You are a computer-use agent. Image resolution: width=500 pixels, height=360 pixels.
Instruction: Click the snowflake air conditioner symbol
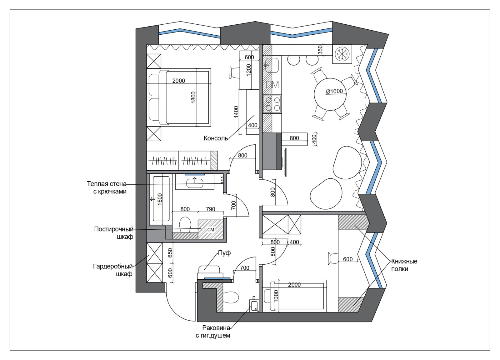[342, 54]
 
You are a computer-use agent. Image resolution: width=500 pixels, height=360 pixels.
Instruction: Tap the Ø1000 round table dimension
[334, 91]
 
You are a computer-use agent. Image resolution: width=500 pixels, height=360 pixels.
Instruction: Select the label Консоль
[216, 138]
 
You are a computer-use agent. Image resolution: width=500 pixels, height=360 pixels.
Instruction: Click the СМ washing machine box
[211, 229]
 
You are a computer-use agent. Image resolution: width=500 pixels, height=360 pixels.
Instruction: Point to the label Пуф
[224, 253]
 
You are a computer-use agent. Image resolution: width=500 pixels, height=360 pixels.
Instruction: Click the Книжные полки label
[404, 265]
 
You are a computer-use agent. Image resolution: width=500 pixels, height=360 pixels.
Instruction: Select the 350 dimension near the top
[320, 50]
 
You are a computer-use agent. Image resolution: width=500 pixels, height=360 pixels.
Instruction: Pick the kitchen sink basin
[271, 65]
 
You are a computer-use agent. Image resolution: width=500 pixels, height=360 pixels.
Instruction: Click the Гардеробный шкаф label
[113, 270]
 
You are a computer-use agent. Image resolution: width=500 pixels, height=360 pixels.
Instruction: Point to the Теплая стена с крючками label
[107, 188]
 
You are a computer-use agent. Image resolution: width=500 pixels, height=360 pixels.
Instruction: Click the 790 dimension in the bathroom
[210, 209]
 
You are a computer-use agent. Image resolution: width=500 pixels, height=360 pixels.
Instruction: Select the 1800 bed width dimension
[193, 97]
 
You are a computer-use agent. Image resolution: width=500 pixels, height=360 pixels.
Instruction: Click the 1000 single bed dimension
[276, 296]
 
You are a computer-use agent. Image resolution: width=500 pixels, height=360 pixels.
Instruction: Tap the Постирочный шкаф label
[114, 233]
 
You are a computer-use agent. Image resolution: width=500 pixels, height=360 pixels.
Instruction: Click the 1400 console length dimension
[236, 112]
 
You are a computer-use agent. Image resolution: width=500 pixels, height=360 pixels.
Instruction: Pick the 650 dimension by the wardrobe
[170, 253]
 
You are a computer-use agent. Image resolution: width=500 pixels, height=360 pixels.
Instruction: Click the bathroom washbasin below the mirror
[195, 183]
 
